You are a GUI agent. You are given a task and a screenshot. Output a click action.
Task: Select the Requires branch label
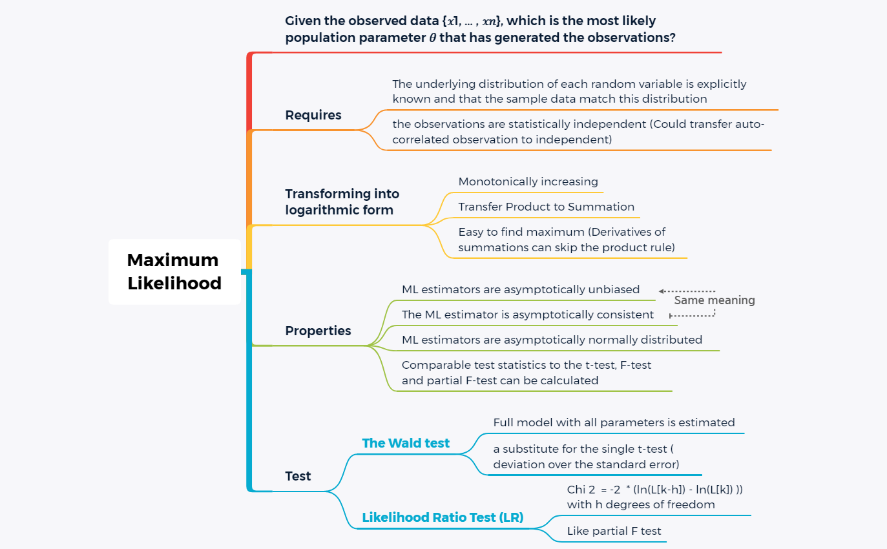[x=313, y=116]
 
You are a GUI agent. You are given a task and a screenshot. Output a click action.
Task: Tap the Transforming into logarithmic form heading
[x=342, y=202]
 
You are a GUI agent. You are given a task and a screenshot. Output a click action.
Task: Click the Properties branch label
[x=318, y=331]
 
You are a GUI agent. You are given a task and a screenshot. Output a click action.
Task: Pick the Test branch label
[x=298, y=476]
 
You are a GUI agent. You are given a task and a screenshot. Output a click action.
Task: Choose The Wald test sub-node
[x=406, y=443]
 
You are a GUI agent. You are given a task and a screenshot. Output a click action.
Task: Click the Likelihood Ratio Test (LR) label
[x=443, y=517]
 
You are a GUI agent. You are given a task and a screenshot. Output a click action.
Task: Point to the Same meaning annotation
[x=715, y=300]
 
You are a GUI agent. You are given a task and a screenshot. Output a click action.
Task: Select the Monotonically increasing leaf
[x=528, y=181]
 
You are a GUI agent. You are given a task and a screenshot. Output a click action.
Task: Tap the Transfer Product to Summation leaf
[x=547, y=207]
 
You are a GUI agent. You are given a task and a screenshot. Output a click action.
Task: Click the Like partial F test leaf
[x=614, y=531]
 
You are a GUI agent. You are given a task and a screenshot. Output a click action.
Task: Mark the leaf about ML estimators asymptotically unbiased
[x=521, y=289]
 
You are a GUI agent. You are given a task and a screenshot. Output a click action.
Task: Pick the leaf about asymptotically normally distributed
[x=552, y=340]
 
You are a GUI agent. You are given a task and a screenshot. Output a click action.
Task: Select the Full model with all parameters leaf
[x=614, y=422]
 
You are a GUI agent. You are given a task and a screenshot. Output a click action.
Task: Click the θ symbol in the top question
[x=432, y=38]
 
